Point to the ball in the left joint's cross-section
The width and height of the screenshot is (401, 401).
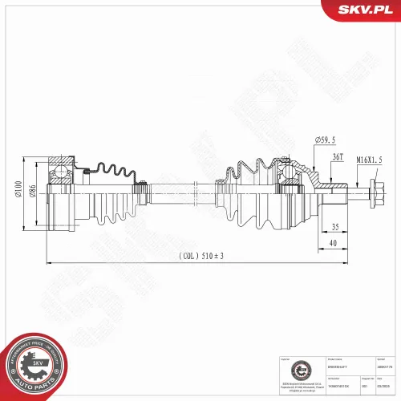point(59,171)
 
